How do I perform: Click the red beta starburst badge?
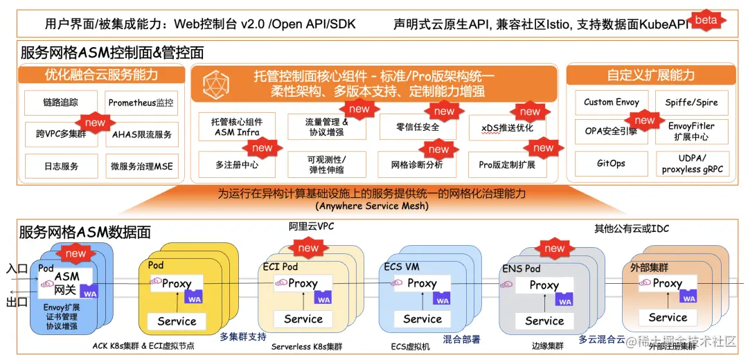[x=706, y=20]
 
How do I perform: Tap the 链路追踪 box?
[x=61, y=102]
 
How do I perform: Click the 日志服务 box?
[x=61, y=166]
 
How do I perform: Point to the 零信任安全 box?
[x=418, y=127]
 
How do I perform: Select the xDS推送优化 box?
[x=506, y=128]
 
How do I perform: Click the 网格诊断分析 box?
[x=418, y=165]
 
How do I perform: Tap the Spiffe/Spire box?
[x=692, y=102]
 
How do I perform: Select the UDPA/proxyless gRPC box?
[x=692, y=164]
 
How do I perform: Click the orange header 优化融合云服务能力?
[x=101, y=75]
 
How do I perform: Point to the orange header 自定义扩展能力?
[x=651, y=75]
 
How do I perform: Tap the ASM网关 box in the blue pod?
[x=67, y=282]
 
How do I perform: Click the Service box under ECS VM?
[x=422, y=319]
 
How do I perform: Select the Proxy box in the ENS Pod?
[x=544, y=285]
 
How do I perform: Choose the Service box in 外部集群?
[x=668, y=318]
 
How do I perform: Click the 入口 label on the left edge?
[x=17, y=268]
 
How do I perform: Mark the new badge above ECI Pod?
[x=308, y=248]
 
